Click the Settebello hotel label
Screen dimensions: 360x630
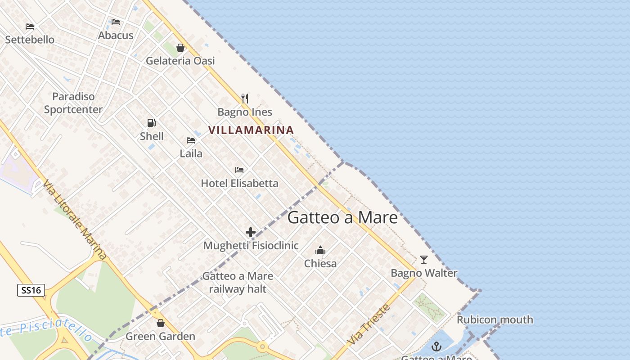tap(30, 40)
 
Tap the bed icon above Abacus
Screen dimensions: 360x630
tap(116, 22)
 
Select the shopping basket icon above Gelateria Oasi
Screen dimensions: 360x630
tap(180, 48)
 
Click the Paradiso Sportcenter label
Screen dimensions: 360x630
tap(73, 103)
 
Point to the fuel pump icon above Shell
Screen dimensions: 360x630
tap(152, 123)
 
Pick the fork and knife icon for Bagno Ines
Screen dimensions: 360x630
tap(245, 99)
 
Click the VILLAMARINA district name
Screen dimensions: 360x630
tap(251, 130)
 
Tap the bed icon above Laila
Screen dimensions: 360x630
tap(191, 140)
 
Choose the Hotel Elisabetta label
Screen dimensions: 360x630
tap(239, 183)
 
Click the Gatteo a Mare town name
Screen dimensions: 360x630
tap(342, 218)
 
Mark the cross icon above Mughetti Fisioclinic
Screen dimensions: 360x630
tap(251, 233)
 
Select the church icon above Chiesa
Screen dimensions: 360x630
tap(320, 250)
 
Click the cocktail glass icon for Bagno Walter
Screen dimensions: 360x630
tap(424, 260)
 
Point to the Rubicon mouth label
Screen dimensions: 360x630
tap(495, 320)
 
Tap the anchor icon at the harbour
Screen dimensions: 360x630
tap(436, 346)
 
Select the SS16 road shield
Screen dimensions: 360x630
tap(31, 290)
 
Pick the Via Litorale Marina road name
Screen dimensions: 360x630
tap(75, 220)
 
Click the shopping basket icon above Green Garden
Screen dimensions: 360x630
tap(161, 323)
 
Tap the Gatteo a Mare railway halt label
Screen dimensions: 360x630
tap(238, 283)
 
